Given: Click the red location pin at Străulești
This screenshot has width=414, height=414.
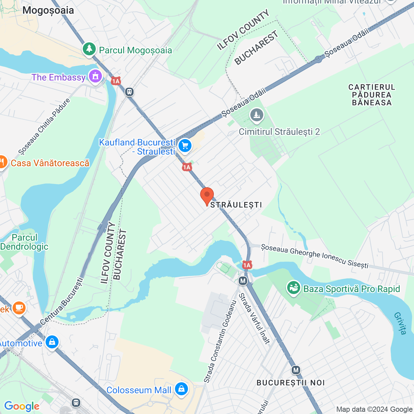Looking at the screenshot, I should (207, 195).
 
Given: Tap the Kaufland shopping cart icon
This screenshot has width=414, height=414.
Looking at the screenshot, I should (185, 146).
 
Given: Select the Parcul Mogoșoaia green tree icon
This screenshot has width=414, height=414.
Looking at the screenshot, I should (89, 49).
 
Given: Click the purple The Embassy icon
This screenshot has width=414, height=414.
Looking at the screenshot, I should (95, 77).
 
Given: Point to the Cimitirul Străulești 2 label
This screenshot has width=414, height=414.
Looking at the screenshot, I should (279, 132).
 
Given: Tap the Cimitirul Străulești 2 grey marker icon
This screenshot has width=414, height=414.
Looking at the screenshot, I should (257, 115).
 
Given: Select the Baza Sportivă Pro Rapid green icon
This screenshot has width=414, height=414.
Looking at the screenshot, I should (294, 288).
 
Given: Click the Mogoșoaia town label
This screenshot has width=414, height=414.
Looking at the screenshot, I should (48, 10).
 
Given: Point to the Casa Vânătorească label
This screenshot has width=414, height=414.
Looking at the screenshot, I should (50, 163).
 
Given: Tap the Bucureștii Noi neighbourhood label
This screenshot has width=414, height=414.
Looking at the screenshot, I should (290, 383).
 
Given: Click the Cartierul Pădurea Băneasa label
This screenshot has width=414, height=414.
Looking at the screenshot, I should (372, 95).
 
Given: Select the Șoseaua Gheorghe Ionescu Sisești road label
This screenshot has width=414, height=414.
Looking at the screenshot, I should (315, 256).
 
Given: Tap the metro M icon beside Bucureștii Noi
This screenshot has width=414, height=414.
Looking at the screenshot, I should (296, 370).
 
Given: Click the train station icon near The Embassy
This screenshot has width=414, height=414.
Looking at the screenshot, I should (129, 92).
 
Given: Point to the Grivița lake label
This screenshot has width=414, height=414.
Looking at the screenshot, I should (400, 323).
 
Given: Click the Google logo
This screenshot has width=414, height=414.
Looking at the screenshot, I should (22, 406).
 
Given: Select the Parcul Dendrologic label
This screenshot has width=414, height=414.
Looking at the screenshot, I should (24, 242).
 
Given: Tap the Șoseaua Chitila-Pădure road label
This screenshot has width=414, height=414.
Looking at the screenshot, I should (44, 127).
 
